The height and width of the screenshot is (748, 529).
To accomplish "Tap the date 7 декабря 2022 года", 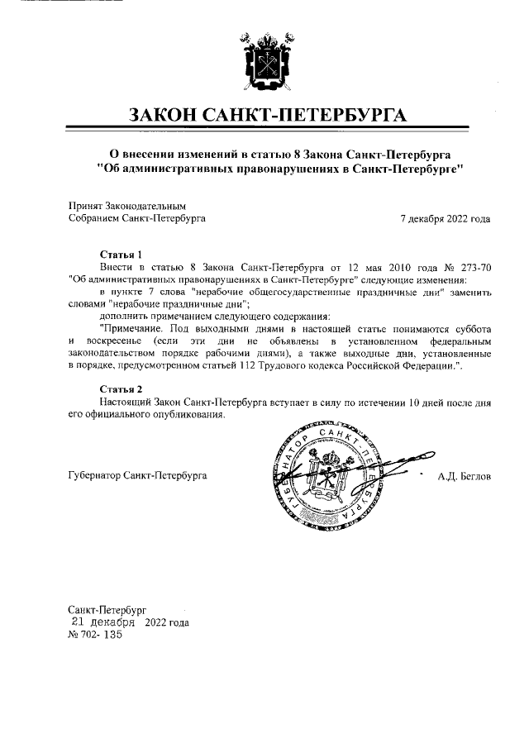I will [x=445, y=219].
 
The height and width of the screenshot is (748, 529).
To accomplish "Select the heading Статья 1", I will [x=122, y=255].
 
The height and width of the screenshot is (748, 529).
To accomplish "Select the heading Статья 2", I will [x=122, y=388].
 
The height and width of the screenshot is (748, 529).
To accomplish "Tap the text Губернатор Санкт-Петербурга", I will [x=137, y=476].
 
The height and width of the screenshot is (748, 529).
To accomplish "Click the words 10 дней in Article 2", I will [x=417, y=402].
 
